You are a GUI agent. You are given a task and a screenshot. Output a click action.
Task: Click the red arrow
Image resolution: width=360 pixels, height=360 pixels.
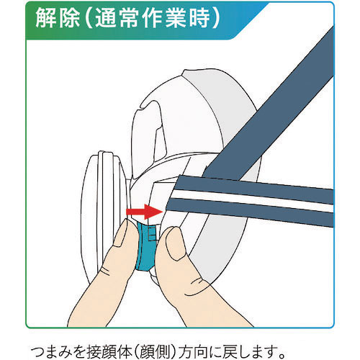pos(145,212)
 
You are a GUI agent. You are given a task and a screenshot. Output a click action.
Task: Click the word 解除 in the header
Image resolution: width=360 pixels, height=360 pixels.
pos(58,19)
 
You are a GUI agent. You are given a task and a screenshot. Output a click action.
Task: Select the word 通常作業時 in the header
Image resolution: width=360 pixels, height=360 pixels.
pos(152,19)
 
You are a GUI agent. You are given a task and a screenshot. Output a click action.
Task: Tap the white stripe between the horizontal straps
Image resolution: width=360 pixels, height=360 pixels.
pos(252,199)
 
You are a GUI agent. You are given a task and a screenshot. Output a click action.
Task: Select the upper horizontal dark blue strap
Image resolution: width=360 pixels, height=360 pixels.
pos(254,189)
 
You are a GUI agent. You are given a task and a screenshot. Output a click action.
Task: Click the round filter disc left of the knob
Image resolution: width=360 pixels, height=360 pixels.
pos(104,217)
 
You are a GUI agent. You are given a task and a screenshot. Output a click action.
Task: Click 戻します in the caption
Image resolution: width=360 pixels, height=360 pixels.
pos(248,351)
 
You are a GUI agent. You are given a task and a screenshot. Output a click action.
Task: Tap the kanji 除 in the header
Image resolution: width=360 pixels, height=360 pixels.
pos(69,19)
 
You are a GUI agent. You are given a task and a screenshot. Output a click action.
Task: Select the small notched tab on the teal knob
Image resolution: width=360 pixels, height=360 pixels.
pos(152,233)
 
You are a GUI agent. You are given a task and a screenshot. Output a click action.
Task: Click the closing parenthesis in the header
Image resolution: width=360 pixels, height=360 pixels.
pos(215,19)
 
